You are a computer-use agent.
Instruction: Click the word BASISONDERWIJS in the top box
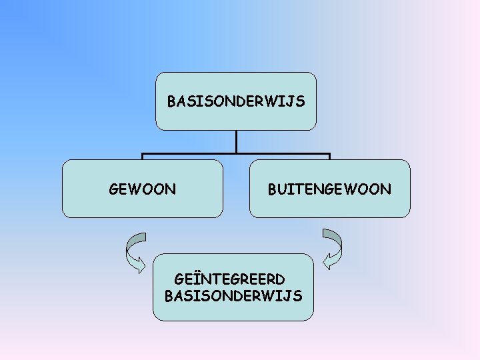[x=236, y=102]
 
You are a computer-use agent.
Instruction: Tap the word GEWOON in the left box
[x=143, y=189]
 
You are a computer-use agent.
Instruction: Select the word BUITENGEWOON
[x=329, y=189]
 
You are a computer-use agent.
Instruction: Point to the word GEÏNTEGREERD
[x=229, y=278]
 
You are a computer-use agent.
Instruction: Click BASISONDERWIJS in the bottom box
[x=233, y=295]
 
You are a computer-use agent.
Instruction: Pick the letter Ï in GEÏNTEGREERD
[x=197, y=278]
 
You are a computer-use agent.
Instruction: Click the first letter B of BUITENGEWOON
[x=273, y=189]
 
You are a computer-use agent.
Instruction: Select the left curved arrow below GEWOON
[x=135, y=251]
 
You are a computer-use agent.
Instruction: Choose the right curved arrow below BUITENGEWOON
[x=332, y=248]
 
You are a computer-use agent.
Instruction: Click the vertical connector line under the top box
[x=236, y=141]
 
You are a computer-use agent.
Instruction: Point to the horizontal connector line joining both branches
[x=187, y=155]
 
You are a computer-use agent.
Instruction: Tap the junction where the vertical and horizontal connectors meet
[x=236, y=155]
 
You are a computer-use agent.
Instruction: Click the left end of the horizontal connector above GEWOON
[x=143, y=155]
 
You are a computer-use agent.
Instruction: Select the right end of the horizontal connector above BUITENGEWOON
[x=329, y=155]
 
